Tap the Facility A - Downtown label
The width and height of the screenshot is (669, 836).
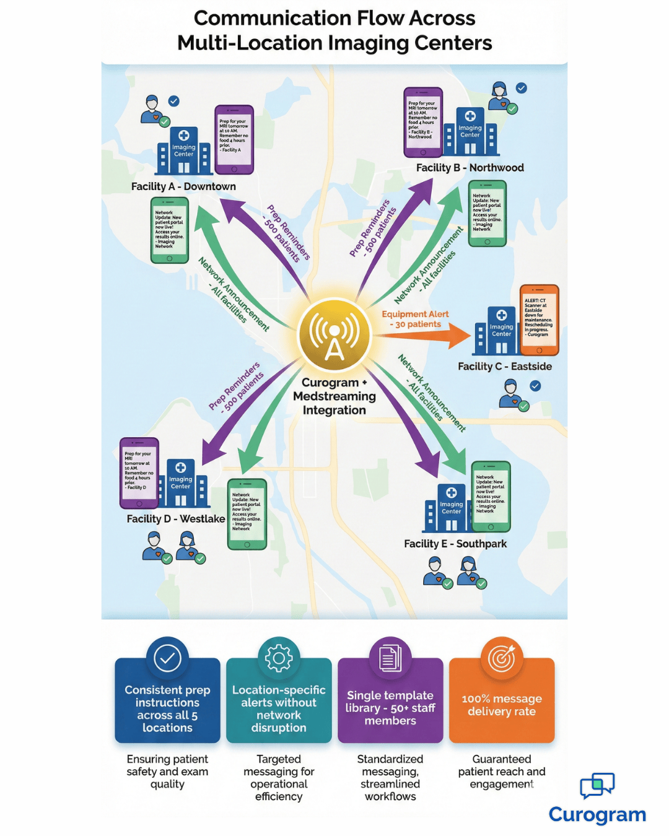[x=183, y=186]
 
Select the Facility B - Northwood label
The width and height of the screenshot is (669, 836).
[x=470, y=168]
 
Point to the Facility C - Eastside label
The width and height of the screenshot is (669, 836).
[x=504, y=367]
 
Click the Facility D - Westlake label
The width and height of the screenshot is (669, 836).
[x=175, y=519]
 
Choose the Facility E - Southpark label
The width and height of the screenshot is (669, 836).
[x=455, y=544]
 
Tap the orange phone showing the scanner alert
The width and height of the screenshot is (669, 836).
[x=539, y=320]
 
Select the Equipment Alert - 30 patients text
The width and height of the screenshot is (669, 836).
[x=415, y=319]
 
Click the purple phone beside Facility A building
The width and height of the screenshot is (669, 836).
[x=234, y=139]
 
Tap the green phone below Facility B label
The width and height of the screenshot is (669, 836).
[x=487, y=214]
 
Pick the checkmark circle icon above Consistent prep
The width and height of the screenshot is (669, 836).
[x=167, y=658]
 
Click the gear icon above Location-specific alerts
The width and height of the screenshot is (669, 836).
[x=279, y=658]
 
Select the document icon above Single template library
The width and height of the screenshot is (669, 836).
[x=390, y=658]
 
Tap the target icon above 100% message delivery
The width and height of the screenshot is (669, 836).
[x=502, y=658]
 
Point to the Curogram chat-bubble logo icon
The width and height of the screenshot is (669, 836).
[x=597, y=785]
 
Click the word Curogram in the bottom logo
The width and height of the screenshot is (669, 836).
[x=597, y=814]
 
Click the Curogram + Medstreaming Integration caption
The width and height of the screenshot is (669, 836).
[x=334, y=396]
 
